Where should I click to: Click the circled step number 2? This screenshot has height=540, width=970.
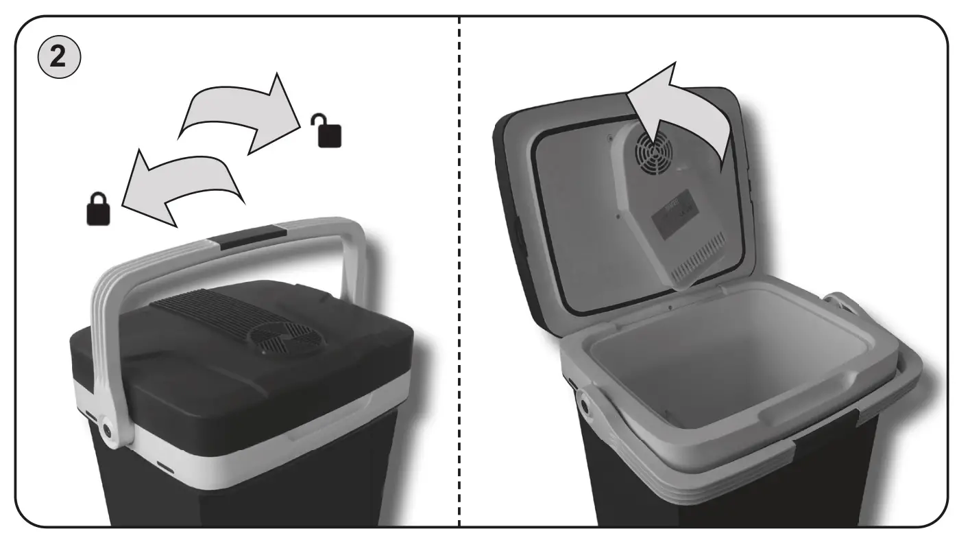[60, 56]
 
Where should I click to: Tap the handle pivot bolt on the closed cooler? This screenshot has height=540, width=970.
[109, 429]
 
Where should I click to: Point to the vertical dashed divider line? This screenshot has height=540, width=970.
[459, 274]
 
